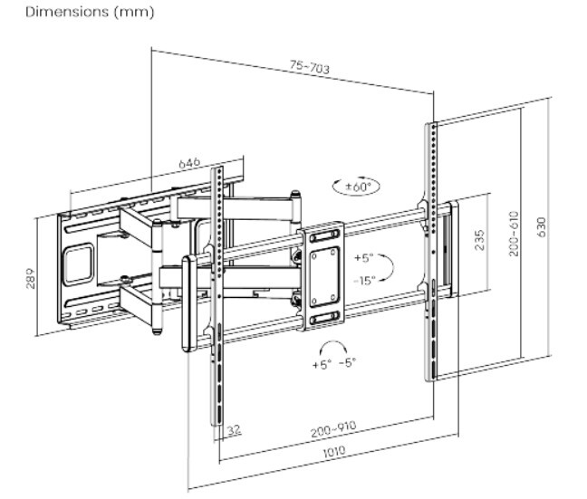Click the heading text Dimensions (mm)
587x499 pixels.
77,13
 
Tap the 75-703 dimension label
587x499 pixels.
309,67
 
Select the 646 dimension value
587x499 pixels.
188,163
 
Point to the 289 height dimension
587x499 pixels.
29,276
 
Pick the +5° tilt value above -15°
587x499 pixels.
364,256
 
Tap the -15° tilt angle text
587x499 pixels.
365,280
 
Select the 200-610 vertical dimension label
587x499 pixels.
513,234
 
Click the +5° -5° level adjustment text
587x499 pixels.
334,364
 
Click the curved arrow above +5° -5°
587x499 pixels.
334,346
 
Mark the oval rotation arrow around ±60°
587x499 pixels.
357,187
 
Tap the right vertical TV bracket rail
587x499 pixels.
431,249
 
